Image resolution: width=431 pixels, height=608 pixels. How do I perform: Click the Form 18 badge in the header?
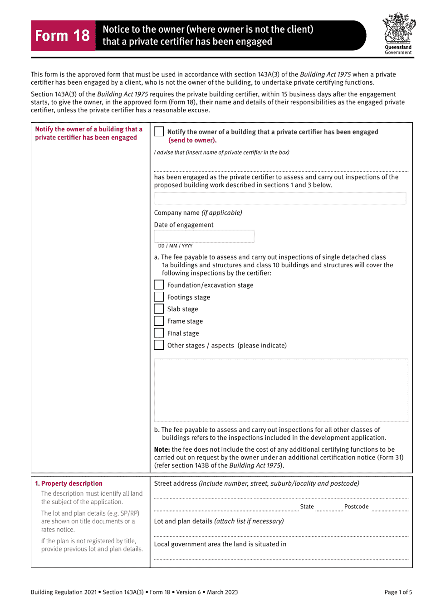tap(63, 35)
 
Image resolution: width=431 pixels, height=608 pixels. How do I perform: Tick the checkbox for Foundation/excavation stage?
tap(159, 285)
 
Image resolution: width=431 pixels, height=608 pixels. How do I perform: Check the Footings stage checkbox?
tap(159, 297)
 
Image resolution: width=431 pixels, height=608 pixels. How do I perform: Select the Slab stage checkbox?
tap(159, 309)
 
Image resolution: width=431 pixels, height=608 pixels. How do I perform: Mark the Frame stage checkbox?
tap(159, 321)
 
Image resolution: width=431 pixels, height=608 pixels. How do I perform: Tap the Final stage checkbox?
tap(159, 333)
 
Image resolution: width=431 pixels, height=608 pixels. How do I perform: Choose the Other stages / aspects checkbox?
tap(159, 345)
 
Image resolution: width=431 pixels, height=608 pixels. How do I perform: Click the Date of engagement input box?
tap(204, 236)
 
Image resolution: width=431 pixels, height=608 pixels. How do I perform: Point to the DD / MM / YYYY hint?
tap(175, 246)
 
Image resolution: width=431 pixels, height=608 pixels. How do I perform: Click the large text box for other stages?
tap(281, 390)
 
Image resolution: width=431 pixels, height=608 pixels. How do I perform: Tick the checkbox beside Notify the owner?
tap(159, 132)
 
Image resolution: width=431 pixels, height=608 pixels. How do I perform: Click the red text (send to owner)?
tap(192, 140)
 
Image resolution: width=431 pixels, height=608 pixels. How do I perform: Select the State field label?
tap(307, 507)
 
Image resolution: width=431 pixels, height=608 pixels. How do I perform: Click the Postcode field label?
tap(356, 507)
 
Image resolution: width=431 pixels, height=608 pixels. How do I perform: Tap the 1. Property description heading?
tap(69, 483)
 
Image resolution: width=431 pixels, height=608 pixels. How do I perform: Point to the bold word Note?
tap(162, 449)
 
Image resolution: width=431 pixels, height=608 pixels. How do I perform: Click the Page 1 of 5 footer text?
tap(398, 592)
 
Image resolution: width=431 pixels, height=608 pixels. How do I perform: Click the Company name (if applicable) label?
tap(198, 213)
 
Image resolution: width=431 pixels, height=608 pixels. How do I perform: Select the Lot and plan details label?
tap(219, 521)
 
